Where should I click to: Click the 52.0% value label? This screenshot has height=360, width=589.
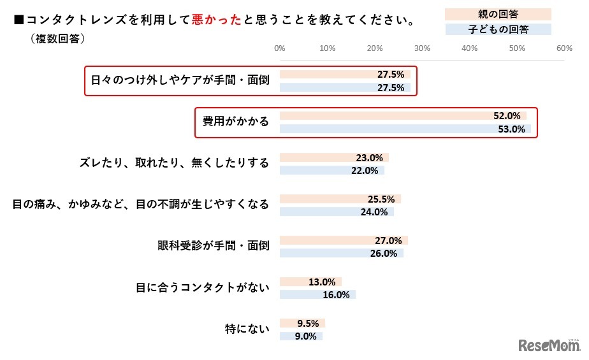tap(507, 116)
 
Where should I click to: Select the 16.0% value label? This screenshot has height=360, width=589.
tap(337, 294)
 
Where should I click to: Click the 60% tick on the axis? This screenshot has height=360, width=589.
tap(564, 48)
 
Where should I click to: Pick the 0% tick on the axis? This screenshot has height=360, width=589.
tap(279, 48)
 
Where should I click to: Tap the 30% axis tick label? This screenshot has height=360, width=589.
tap(421, 48)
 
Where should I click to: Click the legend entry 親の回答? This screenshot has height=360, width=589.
tap(498, 14)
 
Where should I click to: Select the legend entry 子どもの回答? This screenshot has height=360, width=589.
tap(498, 29)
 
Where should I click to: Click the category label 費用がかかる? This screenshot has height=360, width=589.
tap(236, 122)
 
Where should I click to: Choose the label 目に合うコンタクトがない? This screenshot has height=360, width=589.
tap(202, 287)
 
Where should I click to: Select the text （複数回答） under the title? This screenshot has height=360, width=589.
tap(58, 38)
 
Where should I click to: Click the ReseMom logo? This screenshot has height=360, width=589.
tap(549, 345)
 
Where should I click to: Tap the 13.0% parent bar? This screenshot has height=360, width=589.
tap(310, 282)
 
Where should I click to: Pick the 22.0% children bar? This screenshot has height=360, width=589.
tap(331, 170)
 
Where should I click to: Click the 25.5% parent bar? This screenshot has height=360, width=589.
tap(340, 199)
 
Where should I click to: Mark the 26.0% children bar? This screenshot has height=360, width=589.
tap(341, 253)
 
